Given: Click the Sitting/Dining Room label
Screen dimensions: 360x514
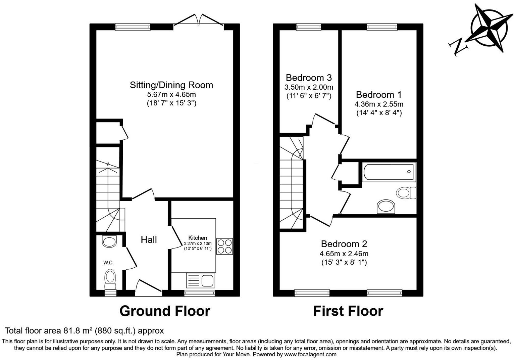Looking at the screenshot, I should (x=171, y=85).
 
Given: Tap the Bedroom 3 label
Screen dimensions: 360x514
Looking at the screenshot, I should (x=309, y=78).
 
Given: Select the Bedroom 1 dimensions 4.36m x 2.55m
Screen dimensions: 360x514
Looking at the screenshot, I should (x=379, y=104).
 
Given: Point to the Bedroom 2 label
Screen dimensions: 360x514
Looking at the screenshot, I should (x=344, y=244).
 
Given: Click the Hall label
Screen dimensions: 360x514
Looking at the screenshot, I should (x=149, y=240).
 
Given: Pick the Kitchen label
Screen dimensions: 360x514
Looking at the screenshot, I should (x=198, y=238).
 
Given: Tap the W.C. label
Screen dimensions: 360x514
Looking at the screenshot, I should (x=108, y=263).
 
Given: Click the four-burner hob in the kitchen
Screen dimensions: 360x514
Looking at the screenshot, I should (x=224, y=246).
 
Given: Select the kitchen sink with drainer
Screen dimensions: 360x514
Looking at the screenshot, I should (x=200, y=280).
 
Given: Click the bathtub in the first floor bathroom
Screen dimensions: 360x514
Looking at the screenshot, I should (x=389, y=172).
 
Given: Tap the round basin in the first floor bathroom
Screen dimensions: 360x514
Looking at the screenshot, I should (x=387, y=207).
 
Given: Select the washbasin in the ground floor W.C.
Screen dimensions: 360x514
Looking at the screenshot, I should (x=109, y=241).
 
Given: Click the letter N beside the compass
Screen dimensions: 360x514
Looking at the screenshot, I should (x=458, y=46).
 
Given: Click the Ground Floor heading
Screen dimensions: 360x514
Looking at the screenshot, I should (x=165, y=311).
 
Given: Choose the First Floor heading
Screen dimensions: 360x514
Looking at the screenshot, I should (x=348, y=311).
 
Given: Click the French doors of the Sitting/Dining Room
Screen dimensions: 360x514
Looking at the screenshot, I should (x=199, y=20).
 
